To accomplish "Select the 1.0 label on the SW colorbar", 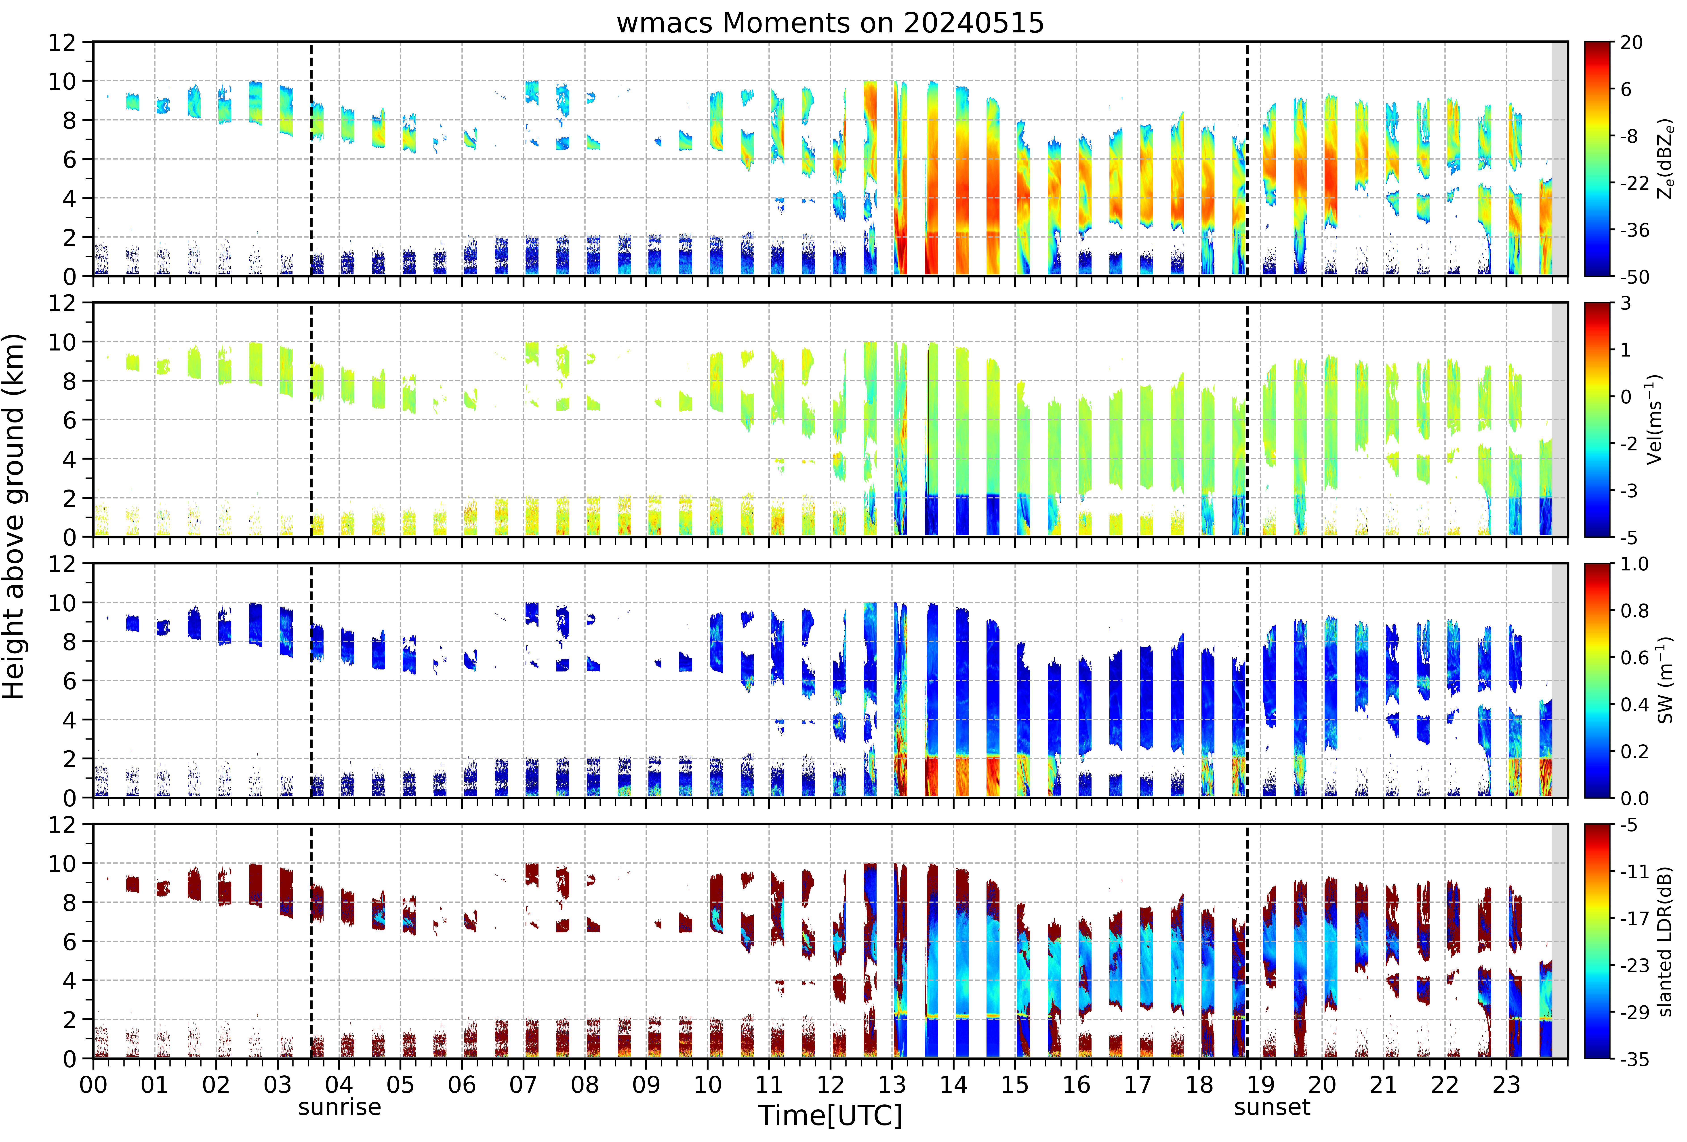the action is click(1634, 564).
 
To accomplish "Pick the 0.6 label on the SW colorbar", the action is click(1634, 658).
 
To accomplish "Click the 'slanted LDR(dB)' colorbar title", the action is click(1665, 942).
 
